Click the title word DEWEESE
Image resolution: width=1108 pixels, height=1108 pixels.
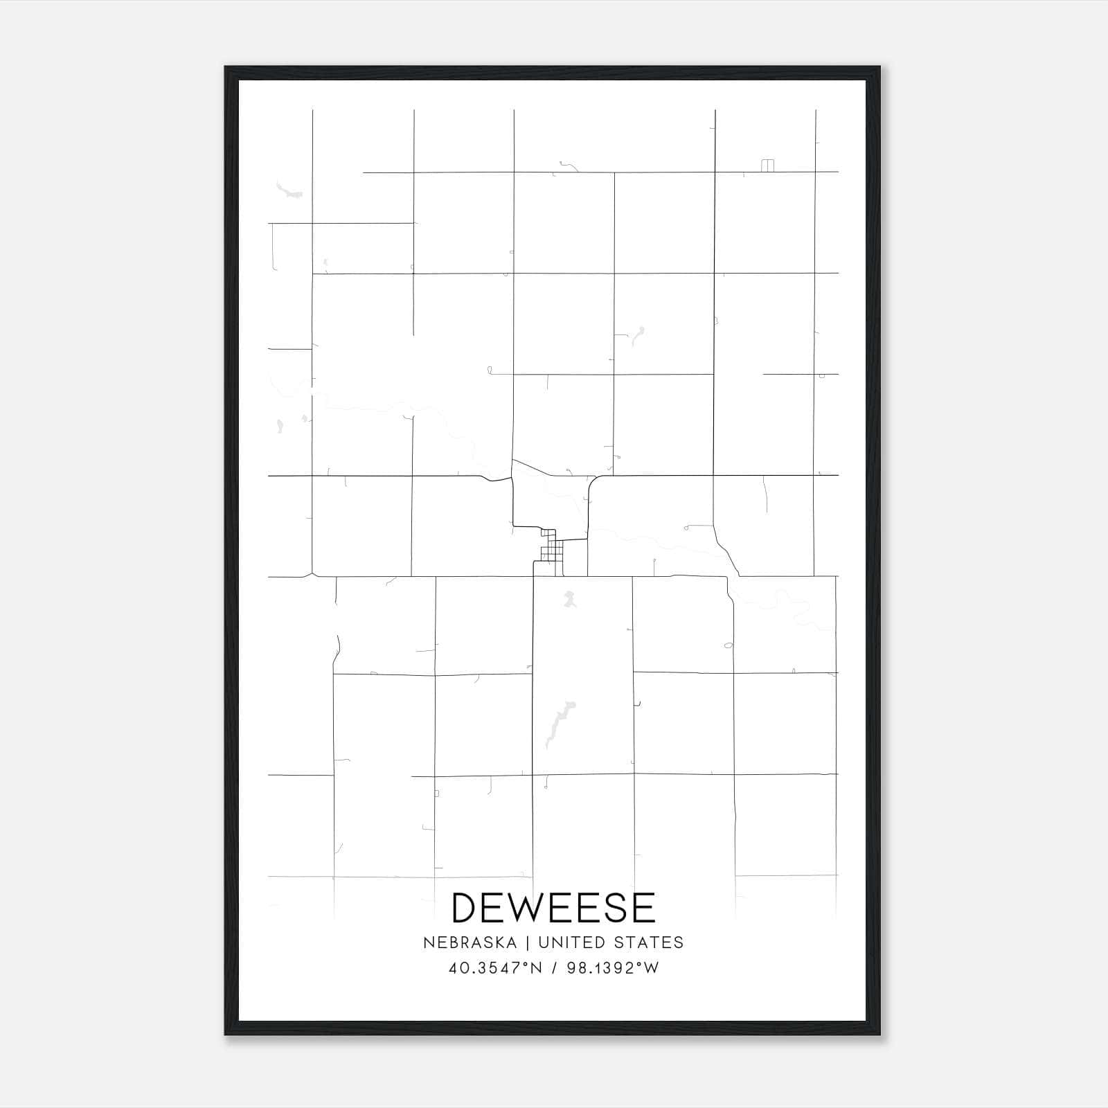tap(553, 908)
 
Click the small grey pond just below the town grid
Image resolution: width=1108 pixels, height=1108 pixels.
tap(569, 598)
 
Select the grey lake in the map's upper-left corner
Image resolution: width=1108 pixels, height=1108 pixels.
tap(288, 190)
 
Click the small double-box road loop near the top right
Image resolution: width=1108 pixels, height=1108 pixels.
tap(767, 166)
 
